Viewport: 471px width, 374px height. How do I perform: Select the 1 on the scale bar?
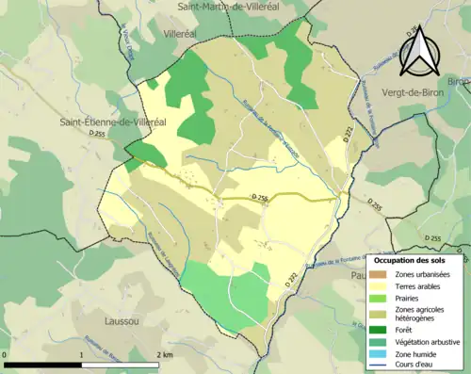pyautogui.click(x=81, y=354)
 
